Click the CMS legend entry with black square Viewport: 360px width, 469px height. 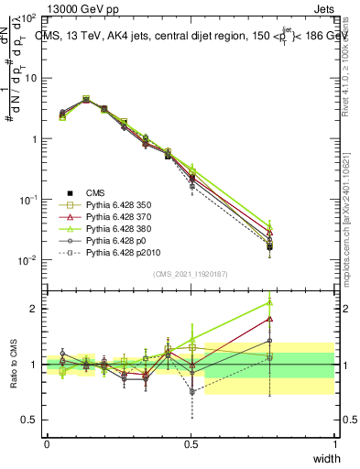click(x=95, y=192)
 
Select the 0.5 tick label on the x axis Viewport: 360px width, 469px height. click(x=191, y=442)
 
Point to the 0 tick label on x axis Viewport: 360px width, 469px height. click(x=47, y=442)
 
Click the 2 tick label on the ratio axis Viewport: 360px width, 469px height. click(x=34, y=309)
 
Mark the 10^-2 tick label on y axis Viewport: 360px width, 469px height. click(x=27, y=260)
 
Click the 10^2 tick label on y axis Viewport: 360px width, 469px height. click(x=27, y=18)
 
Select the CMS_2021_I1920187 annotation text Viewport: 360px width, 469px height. click(x=191, y=273)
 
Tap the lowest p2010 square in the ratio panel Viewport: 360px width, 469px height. click(x=191, y=391)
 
